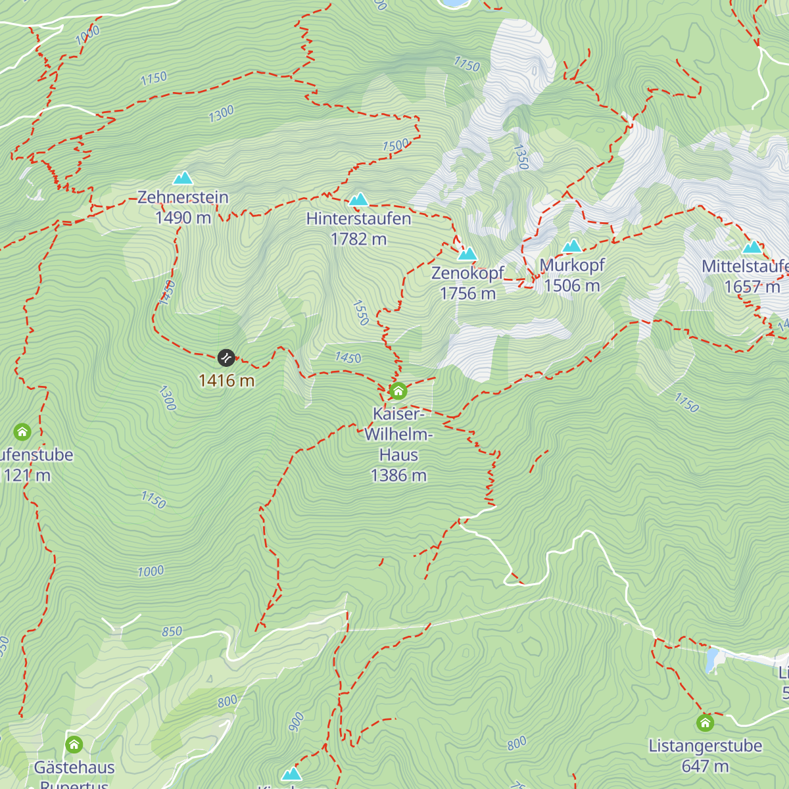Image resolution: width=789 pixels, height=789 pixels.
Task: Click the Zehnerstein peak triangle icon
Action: coord(183,178)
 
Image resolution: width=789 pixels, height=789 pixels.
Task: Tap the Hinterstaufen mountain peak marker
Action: coord(358,199)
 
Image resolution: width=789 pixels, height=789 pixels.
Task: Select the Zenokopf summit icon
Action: coord(467,253)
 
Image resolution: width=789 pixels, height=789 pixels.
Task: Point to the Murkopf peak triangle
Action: coord(572,246)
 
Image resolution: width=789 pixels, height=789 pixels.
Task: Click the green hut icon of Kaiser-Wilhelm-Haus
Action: coord(398,391)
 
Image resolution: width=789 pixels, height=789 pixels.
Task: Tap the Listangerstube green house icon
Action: coord(705,723)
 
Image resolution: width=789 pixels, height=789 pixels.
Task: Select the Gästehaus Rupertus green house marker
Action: coord(74,745)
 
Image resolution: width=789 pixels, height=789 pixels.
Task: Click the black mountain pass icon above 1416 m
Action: coord(226,358)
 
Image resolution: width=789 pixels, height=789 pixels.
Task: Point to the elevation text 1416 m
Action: coord(226,381)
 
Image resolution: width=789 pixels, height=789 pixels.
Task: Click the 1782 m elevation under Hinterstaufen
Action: coord(358,239)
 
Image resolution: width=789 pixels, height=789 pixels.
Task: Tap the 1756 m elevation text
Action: coord(467,294)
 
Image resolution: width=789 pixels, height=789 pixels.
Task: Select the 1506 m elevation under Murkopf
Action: coord(572,286)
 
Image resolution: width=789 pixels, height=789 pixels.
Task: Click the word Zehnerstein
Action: coord(183,197)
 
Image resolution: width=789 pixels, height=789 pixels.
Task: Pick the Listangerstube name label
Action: coord(705,746)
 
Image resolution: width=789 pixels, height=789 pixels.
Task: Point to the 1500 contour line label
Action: coord(396,145)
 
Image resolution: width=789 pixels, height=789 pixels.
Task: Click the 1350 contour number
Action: coord(519,157)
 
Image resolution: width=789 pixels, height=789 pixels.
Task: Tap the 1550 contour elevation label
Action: coord(361,312)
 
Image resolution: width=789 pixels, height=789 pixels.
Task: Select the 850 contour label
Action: coord(172,631)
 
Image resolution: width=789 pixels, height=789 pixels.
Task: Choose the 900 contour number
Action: coord(297,721)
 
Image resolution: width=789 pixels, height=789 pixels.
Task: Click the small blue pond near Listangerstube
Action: coord(711,660)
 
